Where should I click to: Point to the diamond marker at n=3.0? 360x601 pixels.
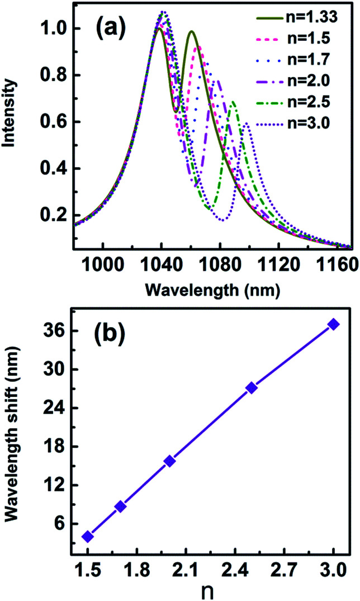334,324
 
